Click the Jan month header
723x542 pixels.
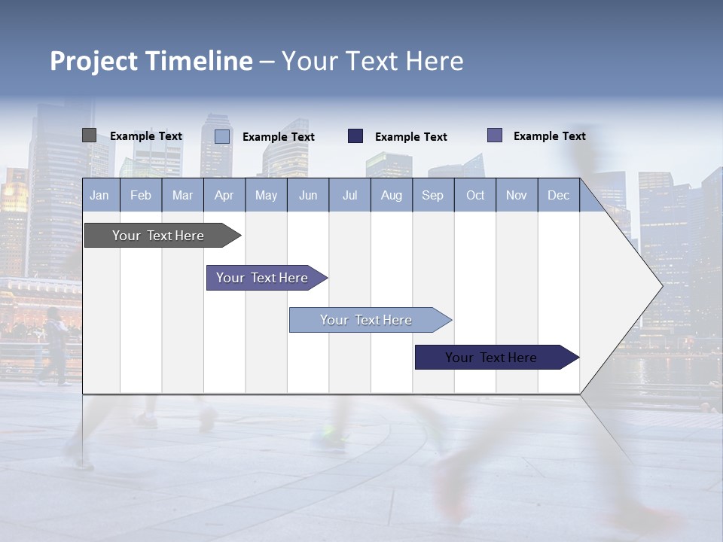pos(100,195)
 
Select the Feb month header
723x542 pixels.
pos(141,195)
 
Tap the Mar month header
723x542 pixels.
pos(182,195)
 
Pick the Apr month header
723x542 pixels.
pos(224,195)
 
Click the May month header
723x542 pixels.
pos(266,195)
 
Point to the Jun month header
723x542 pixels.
pos(308,195)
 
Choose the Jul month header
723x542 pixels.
pos(349,195)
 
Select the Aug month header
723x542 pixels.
pos(392,195)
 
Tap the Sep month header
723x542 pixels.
pos(433,195)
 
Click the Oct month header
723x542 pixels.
pos(475,195)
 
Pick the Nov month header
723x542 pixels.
pos(517,195)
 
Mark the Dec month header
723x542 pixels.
pos(559,195)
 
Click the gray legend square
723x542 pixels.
pos(89,135)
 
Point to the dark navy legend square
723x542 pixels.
pos(355,136)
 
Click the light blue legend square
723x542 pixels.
pos(222,136)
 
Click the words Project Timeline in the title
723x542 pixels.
pos(151,61)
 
